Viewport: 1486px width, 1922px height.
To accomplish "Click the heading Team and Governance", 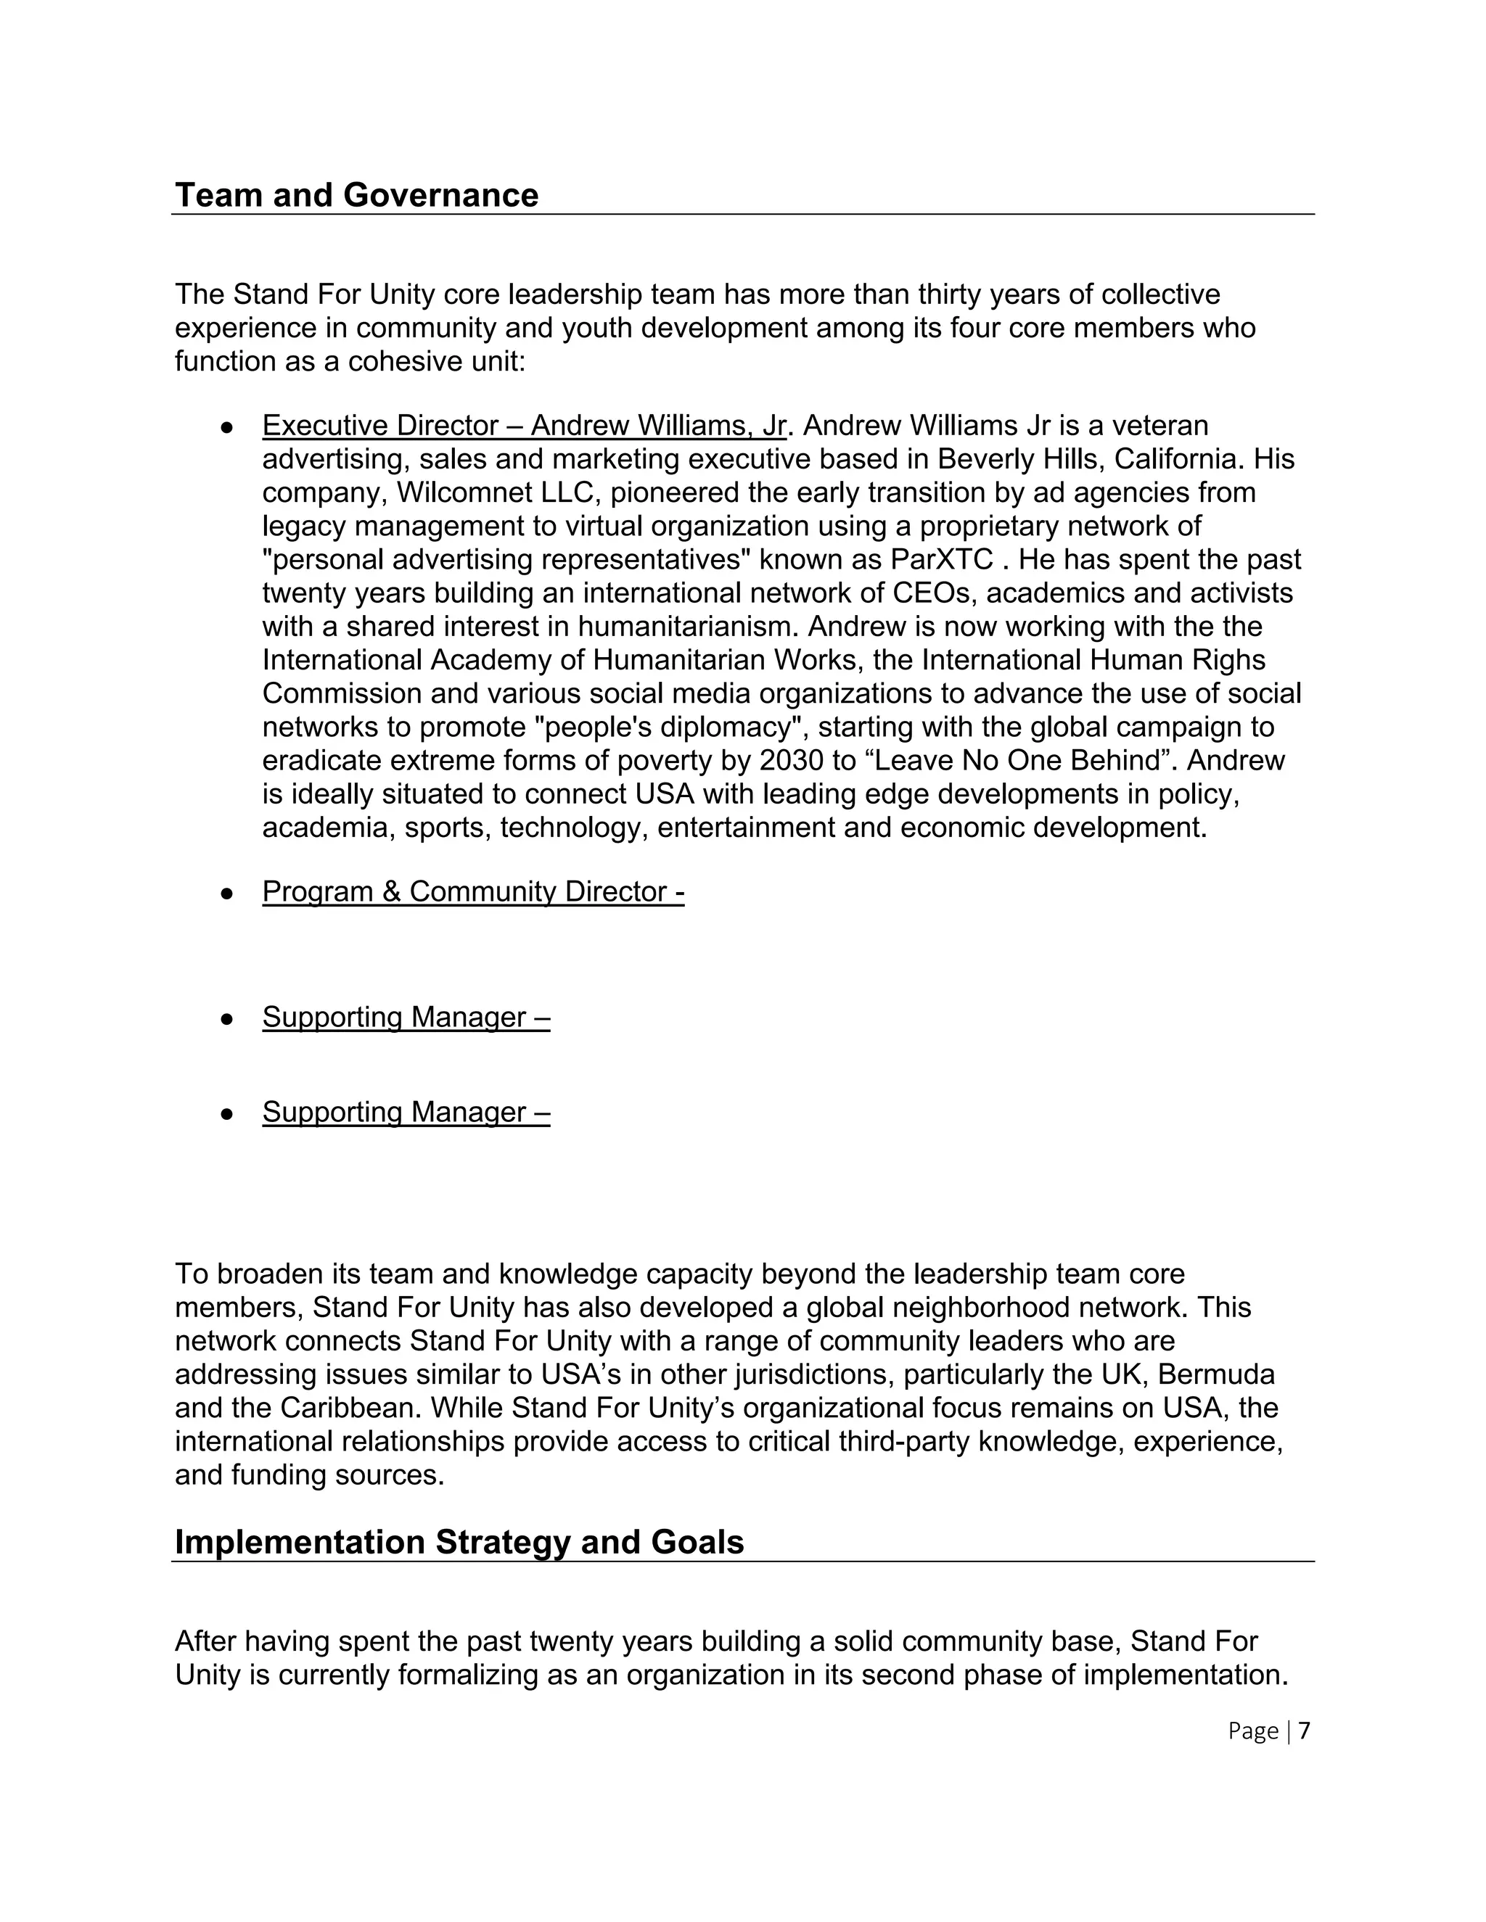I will pyautogui.click(x=356, y=195).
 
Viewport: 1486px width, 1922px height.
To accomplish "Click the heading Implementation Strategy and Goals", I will pyautogui.click(x=459, y=1542).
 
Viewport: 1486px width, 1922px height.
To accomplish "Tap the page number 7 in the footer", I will pyautogui.click(x=1304, y=1731).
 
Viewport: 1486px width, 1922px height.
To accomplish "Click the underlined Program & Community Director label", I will pyautogui.click(x=473, y=891).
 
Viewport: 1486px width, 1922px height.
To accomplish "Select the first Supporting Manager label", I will pyautogui.click(x=406, y=1018).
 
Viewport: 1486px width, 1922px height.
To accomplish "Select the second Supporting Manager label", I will pyautogui.click(x=406, y=1113).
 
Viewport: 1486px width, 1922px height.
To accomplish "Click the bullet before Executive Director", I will pyautogui.click(x=227, y=428).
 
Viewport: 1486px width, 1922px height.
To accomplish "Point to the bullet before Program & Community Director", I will pyautogui.click(x=227, y=894).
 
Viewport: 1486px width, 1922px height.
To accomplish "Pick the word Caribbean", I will pyautogui.click(x=351, y=1408).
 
